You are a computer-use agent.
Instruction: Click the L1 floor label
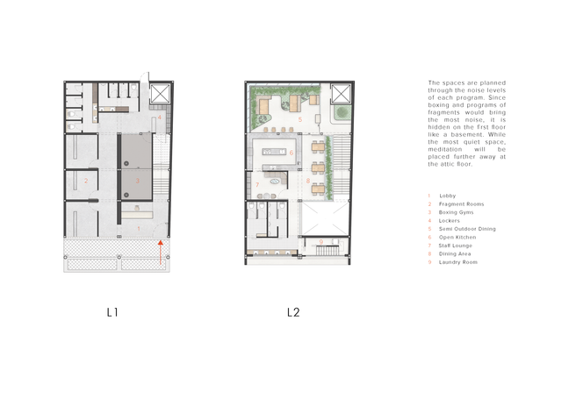(112, 311)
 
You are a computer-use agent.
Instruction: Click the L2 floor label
(292, 311)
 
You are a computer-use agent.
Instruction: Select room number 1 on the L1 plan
(138, 228)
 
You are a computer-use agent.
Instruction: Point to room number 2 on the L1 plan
(86, 182)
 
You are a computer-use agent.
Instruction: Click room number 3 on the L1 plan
(137, 181)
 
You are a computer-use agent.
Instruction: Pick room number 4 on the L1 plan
(160, 117)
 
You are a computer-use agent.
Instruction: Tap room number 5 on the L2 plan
(299, 118)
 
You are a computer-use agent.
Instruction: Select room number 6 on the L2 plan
(291, 153)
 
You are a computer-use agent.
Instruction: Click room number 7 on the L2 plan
(257, 185)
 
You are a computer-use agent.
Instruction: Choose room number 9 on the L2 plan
(321, 241)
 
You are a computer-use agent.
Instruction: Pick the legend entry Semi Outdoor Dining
(467, 229)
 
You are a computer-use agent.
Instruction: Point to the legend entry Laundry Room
(458, 262)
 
